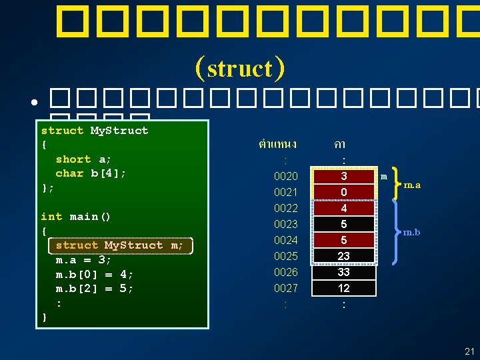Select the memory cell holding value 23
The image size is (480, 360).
click(343, 256)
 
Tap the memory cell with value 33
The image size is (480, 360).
click(343, 272)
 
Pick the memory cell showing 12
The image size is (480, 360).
click(343, 288)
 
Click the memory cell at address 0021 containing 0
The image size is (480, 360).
click(343, 193)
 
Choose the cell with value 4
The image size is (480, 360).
click(343, 208)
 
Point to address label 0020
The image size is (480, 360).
click(285, 177)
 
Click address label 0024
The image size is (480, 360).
click(285, 240)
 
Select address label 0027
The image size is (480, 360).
click(285, 288)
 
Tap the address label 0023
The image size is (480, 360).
click(285, 224)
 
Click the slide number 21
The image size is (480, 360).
click(469, 351)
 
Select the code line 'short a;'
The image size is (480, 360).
click(83, 159)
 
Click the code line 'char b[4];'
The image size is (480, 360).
click(90, 173)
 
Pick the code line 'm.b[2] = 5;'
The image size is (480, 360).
click(94, 289)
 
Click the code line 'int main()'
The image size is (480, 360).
click(75, 217)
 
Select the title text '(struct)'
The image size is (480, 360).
click(240, 68)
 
